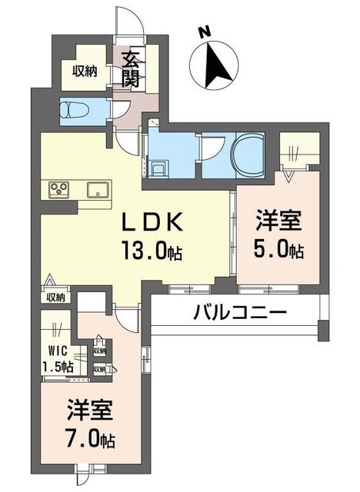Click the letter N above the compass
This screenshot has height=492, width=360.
[203, 33]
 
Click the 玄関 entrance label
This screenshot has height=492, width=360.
[128, 68]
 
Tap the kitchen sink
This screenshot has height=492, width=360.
[98, 190]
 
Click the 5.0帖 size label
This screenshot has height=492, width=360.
[278, 251]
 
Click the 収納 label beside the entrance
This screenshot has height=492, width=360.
[84, 71]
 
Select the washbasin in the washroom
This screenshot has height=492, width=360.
[161, 166]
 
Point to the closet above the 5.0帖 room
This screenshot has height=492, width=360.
[298, 148]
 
